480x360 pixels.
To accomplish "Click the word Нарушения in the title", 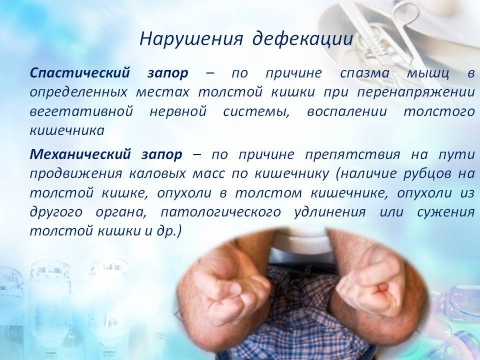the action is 191,39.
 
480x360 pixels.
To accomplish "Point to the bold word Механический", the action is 80,154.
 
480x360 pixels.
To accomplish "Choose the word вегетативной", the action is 81,111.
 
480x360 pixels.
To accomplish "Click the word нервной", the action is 178,111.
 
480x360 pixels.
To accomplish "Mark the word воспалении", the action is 347,112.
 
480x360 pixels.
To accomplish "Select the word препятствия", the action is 352,155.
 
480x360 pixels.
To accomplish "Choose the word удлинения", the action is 330,212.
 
